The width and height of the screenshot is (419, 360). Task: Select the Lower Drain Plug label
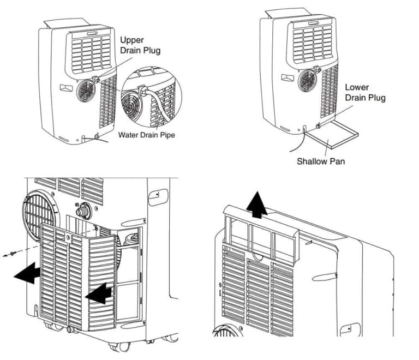(x=365, y=92)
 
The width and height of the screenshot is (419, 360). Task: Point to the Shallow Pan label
(x=321, y=161)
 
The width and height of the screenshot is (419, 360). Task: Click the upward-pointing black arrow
(x=256, y=206)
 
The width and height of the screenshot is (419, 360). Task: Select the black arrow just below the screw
(x=27, y=273)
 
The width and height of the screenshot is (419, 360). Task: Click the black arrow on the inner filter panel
(x=99, y=293)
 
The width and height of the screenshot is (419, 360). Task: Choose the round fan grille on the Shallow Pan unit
(x=307, y=81)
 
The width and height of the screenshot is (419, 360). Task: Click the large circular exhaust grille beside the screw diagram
(x=39, y=211)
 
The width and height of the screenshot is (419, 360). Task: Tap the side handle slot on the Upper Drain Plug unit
(x=65, y=87)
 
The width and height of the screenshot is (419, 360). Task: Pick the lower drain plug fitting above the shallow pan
(x=319, y=127)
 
